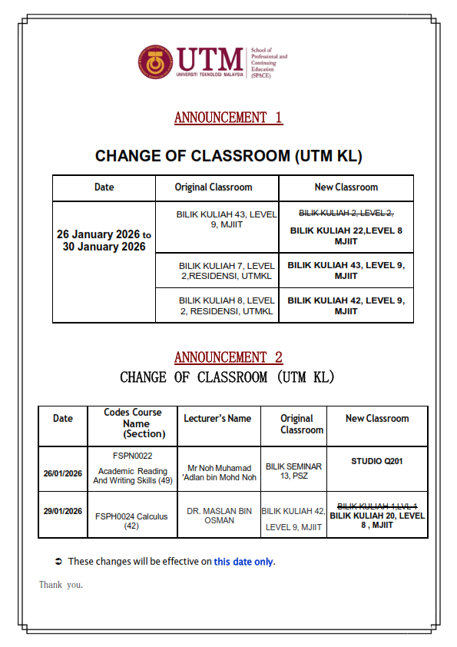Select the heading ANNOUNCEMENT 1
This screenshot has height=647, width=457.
tap(228, 118)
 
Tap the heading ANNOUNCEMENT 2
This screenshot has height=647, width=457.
tap(228, 357)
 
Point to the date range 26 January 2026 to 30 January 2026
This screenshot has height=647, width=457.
tap(104, 241)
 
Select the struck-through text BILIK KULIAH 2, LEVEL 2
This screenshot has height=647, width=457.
tap(346, 213)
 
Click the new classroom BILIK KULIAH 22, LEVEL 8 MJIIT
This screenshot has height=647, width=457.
tap(346, 235)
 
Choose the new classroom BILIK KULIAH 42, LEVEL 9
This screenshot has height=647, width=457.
tap(346, 305)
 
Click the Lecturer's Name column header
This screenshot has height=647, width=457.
tap(217, 419)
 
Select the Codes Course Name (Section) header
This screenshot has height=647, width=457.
tap(133, 423)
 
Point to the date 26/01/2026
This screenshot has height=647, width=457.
tap(62, 473)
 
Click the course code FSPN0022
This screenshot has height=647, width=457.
tap(132, 456)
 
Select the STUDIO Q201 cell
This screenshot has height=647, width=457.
tap(376, 462)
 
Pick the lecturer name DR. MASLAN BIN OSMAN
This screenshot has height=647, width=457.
tap(217, 516)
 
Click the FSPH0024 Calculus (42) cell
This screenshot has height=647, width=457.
tap(132, 521)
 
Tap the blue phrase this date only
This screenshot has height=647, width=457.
tap(243, 562)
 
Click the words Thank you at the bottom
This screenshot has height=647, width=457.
tap(61, 585)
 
